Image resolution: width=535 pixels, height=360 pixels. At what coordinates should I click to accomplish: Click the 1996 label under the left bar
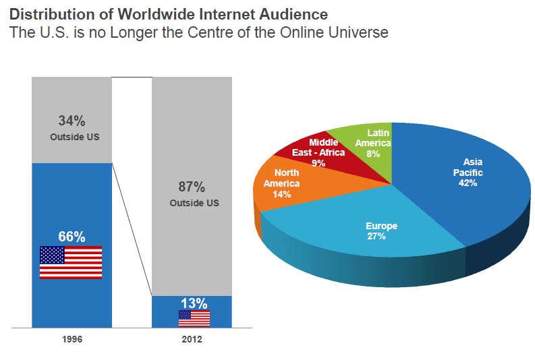pos(71,339)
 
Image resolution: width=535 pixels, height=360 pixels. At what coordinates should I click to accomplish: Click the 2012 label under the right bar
pos(192,339)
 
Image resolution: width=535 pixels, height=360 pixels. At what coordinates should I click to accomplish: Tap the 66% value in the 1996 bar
pos(71,237)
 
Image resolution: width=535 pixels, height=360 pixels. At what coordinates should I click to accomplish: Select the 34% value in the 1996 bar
pos(71,121)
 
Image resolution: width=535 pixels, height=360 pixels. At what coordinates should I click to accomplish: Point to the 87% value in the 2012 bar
pos(192,187)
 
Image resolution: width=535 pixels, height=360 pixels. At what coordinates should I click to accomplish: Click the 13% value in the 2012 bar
pos(194,303)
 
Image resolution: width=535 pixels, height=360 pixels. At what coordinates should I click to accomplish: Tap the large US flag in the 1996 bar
pos(71,262)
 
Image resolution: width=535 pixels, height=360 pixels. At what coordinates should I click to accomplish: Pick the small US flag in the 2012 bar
pos(194,318)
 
